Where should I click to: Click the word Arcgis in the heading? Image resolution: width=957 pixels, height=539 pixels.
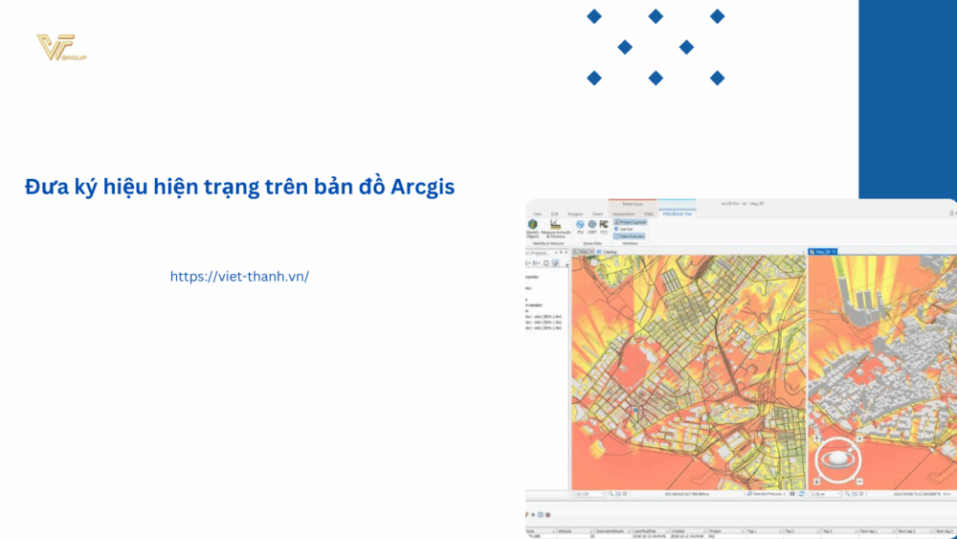pyautogui.click(x=423, y=187)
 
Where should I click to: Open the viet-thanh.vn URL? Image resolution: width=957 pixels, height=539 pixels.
pyautogui.click(x=239, y=276)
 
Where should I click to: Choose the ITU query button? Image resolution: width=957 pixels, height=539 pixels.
pyautogui.click(x=580, y=225)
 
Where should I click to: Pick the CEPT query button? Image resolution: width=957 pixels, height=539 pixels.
pyautogui.click(x=592, y=225)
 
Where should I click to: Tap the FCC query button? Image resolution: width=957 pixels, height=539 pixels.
pyautogui.click(x=604, y=225)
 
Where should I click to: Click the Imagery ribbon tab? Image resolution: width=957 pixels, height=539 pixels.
pyautogui.click(x=575, y=213)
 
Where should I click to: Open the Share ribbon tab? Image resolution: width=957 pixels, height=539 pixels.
pyautogui.click(x=597, y=213)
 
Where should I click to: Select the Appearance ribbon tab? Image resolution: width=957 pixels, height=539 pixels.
pyautogui.click(x=624, y=213)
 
